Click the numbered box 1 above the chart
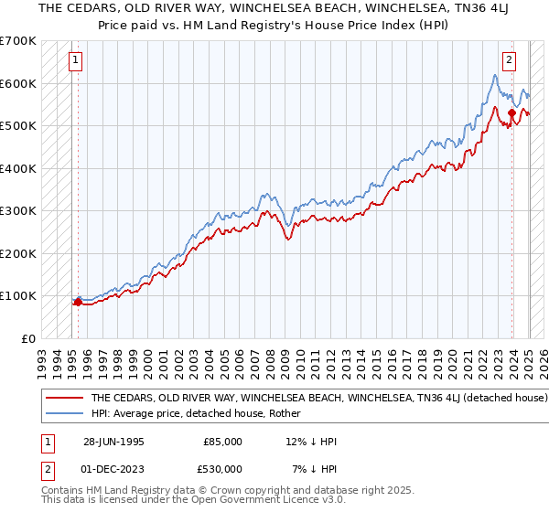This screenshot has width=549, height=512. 74,62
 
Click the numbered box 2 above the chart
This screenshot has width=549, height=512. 509,62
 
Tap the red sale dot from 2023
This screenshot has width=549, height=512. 511,112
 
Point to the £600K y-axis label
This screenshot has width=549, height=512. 17,83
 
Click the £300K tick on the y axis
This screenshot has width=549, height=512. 17,210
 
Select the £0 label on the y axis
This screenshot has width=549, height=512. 29,338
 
